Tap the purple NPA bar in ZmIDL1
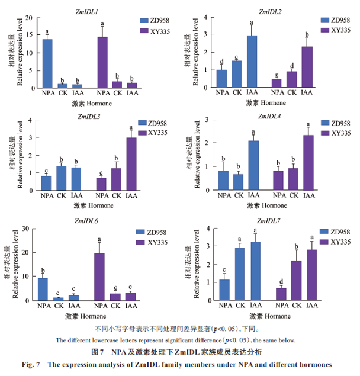coord(103,62)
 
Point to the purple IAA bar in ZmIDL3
coord(131,163)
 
